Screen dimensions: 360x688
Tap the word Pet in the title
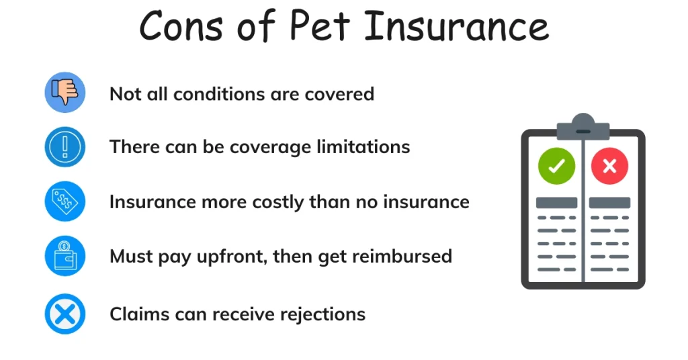[320, 27]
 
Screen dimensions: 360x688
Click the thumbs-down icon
[65, 93]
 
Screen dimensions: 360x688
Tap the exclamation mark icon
[65, 146]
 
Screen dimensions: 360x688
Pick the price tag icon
[65, 201]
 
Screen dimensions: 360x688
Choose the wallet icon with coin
[65, 256]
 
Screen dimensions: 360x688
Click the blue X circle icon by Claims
[65, 314]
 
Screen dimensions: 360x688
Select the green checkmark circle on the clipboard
[556, 167]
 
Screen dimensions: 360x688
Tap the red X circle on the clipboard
[609, 167]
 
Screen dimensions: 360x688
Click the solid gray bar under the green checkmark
[556, 203]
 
